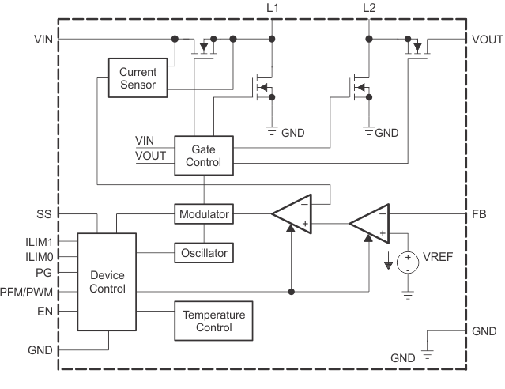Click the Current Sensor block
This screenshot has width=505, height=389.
point(138,78)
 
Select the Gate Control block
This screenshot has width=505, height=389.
point(203,155)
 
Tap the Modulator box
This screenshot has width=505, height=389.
point(204,214)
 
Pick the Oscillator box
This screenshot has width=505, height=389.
point(204,253)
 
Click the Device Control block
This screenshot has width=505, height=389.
point(107,281)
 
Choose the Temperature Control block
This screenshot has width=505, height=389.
point(213,320)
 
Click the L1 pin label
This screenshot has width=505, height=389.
point(272,9)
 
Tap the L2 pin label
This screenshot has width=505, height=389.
point(369,9)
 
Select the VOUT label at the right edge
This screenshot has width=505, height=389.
point(486,39)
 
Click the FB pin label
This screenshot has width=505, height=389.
point(479,213)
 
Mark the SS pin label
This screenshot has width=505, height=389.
point(44,213)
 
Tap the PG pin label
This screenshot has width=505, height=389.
point(43,274)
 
